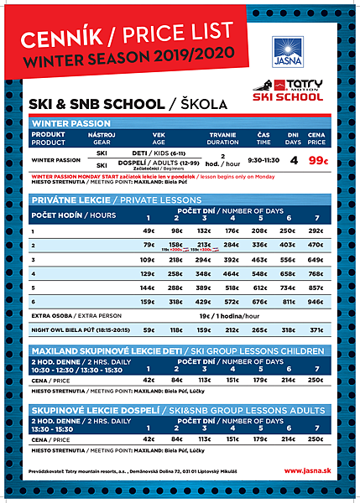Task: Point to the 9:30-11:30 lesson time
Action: pos(263,158)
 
